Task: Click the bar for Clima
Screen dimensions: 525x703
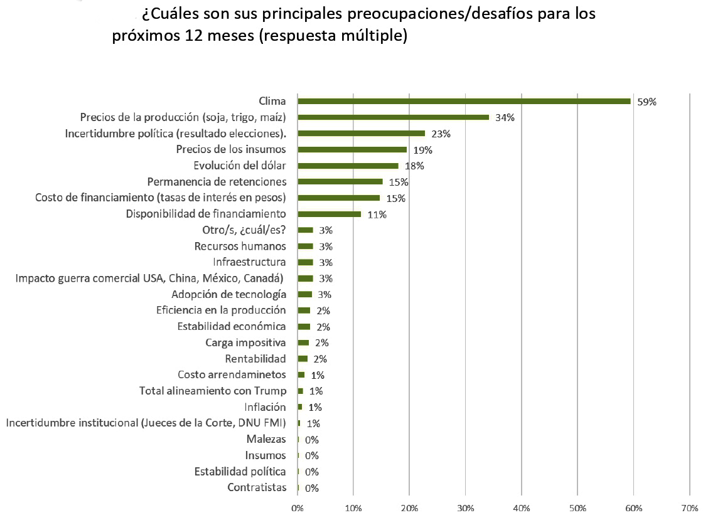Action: click(x=464, y=101)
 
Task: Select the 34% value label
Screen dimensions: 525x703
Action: click(x=505, y=117)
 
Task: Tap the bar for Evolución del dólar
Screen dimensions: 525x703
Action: click(x=348, y=166)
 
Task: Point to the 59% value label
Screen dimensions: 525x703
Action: click(x=647, y=102)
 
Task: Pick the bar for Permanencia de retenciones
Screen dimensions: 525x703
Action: click(x=340, y=182)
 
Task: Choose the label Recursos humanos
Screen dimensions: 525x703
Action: click(x=240, y=247)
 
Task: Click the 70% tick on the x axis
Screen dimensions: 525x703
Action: click(x=689, y=507)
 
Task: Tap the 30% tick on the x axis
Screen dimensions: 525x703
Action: click(x=465, y=507)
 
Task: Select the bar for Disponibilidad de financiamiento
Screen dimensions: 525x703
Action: click(x=329, y=214)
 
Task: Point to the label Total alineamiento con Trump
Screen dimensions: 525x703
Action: click(x=213, y=391)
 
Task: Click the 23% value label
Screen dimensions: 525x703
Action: click(x=441, y=134)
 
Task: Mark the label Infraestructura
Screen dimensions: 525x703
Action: click(x=249, y=262)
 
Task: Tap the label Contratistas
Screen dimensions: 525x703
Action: click(x=257, y=488)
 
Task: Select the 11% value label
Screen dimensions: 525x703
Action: click(x=377, y=215)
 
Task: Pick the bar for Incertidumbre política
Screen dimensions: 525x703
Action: click(x=361, y=133)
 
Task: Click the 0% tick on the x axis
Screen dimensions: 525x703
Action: click(x=298, y=507)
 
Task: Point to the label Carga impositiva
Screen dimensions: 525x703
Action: click(x=245, y=343)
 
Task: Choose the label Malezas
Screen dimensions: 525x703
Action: click(x=266, y=440)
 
